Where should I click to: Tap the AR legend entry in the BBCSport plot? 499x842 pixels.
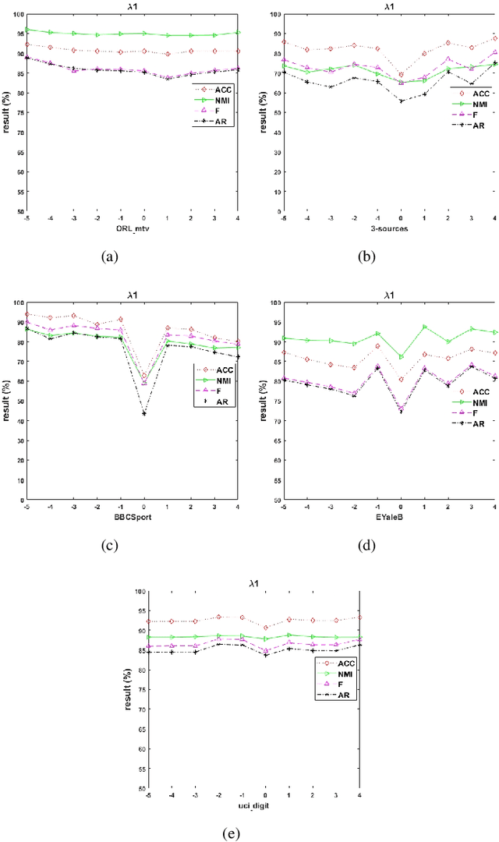coord(221,401)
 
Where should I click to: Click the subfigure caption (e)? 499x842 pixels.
coord(229,833)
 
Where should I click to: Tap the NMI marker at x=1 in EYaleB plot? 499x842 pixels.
coord(424,327)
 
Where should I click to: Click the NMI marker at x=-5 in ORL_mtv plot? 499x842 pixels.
coord(27,30)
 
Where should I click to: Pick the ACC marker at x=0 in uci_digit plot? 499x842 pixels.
coord(265,627)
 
